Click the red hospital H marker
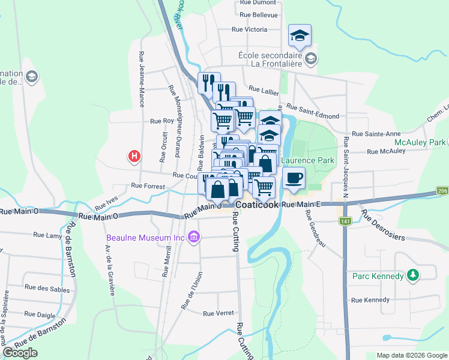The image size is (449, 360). tap(134, 156)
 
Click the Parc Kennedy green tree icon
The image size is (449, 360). tap(412, 276)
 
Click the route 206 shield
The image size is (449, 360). tap(442, 191)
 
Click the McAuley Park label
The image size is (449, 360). tap(420, 143)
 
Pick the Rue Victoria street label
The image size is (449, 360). tap(249, 29)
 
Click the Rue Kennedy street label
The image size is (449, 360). tap(370, 300)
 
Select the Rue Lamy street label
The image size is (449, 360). tap(47, 235)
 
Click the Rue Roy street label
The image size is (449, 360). tap(161, 121)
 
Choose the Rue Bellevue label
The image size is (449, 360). tap(258, 14)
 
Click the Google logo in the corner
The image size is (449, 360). tap(20, 353)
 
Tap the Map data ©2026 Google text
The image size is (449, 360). tap(411, 355)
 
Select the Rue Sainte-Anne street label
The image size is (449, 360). tap(376, 134)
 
